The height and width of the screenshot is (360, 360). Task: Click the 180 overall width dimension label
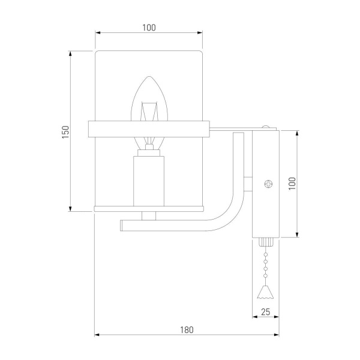click(x=187, y=330)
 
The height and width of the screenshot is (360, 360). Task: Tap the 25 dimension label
click(x=265, y=312)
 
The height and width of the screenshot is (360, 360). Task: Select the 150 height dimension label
click(x=65, y=132)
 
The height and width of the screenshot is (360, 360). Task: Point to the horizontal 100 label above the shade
click(x=149, y=28)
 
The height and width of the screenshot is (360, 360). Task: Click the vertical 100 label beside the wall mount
click(x=292, y=184)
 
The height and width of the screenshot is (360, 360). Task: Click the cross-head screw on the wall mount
click(x=268, y=184)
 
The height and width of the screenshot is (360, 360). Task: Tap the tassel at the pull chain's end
click(x=265, y=292)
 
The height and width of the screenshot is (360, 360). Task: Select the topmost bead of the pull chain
click(x=266, y=254)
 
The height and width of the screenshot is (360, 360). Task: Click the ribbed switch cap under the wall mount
click(x=266, y=242)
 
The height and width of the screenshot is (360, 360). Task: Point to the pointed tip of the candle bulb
click(x=149, y=77)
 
